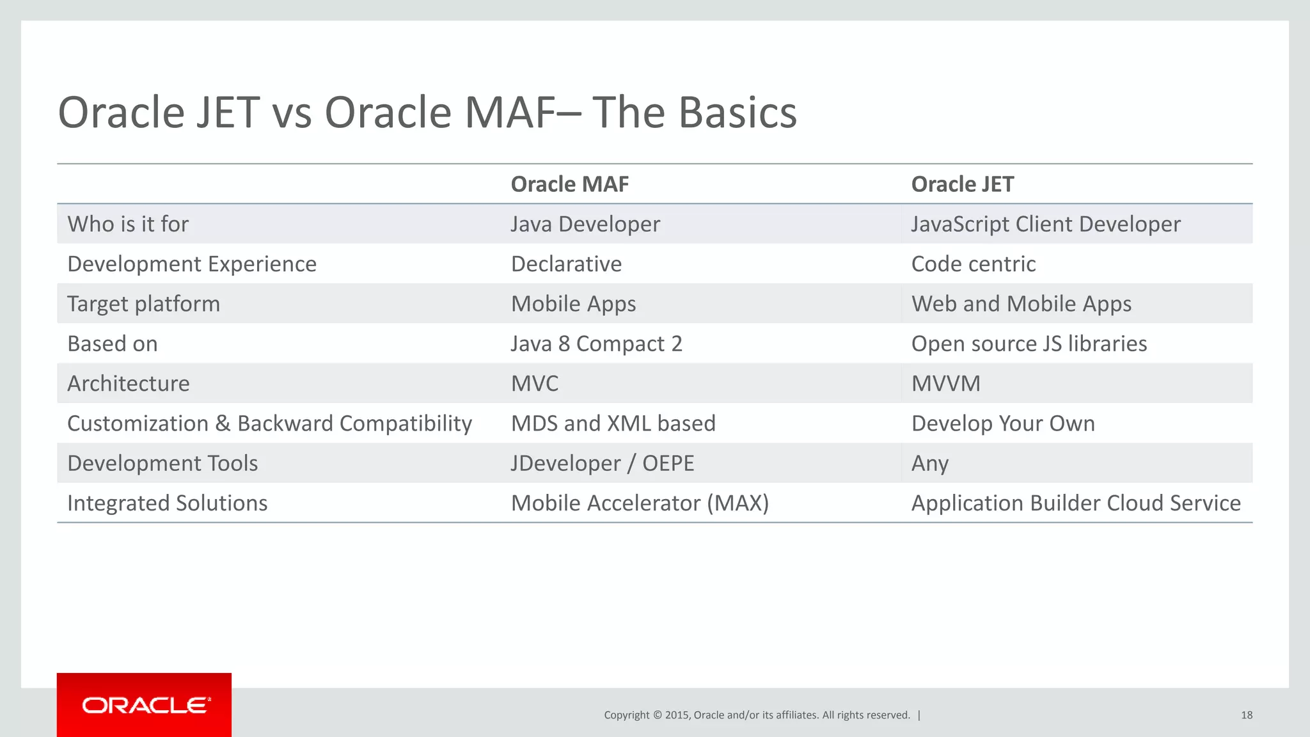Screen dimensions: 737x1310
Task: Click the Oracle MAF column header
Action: tap(569, 184)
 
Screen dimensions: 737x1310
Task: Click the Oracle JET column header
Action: tap(962, 184)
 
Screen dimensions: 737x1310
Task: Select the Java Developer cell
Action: tap(585, 224)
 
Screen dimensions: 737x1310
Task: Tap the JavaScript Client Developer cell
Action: tap(1046, 224)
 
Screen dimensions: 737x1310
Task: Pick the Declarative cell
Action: tap(566, 264)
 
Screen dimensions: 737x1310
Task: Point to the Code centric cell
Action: tap(973, 264)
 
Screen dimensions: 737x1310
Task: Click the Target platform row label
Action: tap(143, 304)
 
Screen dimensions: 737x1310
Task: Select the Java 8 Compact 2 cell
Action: tap(596, 344)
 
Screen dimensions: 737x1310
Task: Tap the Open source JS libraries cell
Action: tap(1029, 344)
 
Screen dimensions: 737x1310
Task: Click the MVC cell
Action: tap(535, 383)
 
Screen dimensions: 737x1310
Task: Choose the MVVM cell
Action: tap(945, 383)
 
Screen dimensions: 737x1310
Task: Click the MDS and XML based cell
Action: tap(613, 424)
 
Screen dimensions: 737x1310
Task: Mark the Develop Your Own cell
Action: tap(1002, 424)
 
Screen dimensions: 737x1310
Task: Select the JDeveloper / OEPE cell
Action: tap(602, 463)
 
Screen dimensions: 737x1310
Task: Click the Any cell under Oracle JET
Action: tap(929, 463)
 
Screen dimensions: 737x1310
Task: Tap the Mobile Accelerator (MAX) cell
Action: tap(640, 503)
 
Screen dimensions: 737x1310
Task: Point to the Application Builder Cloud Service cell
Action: tap(1075, 503)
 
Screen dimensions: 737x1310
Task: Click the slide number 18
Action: tap(1246, 715)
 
